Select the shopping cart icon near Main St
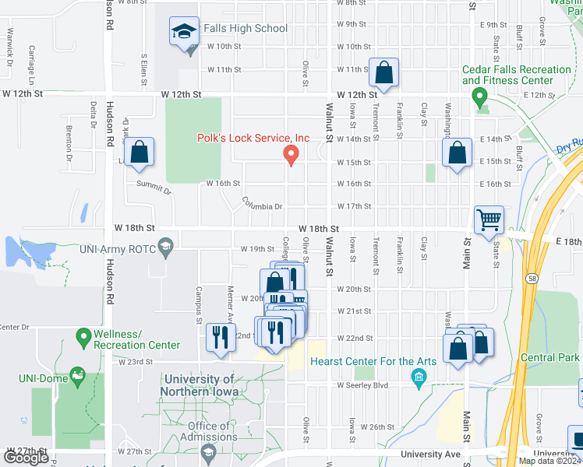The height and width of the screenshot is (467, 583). (489, 219)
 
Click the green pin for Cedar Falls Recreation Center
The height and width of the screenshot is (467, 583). (479, 98)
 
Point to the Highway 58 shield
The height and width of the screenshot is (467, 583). (530, 277)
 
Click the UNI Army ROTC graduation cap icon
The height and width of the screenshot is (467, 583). (164, 248)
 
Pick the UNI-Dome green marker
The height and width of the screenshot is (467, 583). (76, 377)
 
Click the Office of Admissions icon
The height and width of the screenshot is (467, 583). (207, 451)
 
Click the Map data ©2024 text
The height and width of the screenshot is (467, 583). (549, 461)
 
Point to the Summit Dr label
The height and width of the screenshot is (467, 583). (153, 188)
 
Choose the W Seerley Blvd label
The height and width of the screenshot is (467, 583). (362, 385)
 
